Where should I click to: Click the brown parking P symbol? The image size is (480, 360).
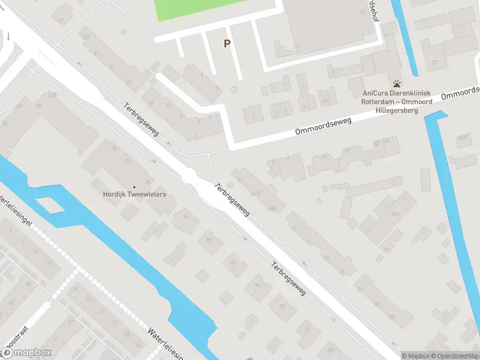tap(227, 43)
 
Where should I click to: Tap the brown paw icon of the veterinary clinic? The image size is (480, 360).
tap(397, 84)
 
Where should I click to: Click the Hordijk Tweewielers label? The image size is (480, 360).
tap(134, 194)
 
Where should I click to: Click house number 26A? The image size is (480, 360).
tap(395, 214)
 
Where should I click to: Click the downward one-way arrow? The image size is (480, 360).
tap(9, 36)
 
